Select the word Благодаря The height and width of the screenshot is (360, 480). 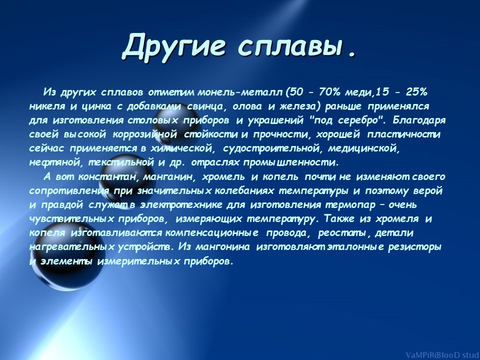[x=419, y=120]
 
